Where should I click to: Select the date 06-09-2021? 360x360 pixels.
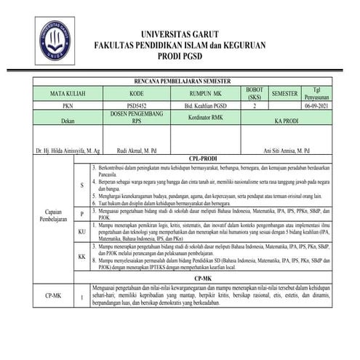(317, 106)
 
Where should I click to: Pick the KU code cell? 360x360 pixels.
(82, 231)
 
